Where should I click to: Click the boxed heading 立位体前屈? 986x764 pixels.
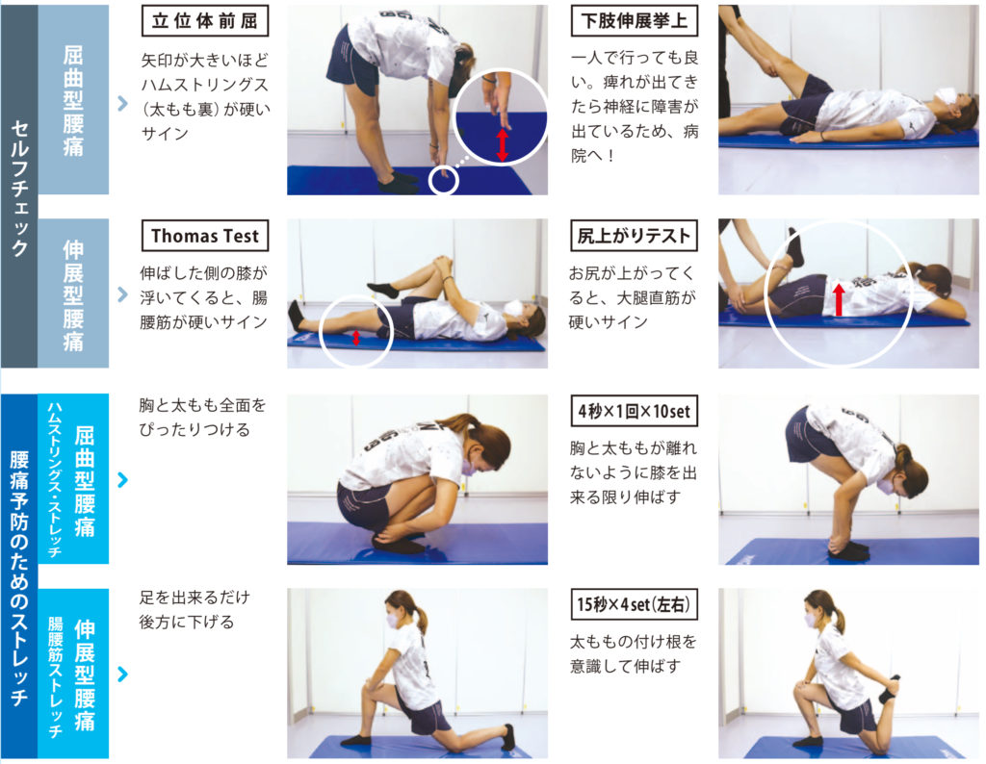205,21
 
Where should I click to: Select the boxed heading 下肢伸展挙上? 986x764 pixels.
634,21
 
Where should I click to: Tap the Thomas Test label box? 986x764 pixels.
205,236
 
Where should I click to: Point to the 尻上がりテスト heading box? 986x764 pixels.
634,236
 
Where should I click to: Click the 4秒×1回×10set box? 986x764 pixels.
634,412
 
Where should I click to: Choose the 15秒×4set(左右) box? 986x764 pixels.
634,604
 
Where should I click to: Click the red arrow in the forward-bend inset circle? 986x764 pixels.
502,145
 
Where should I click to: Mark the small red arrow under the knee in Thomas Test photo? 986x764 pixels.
356,338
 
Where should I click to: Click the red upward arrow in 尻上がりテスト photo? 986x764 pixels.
839,299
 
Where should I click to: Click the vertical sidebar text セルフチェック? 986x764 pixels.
19,188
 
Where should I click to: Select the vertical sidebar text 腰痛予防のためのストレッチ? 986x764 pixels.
19,577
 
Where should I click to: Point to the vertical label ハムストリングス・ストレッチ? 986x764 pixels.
54,480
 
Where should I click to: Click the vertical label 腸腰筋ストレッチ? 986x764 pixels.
55,676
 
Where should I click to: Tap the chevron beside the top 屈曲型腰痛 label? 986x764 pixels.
122,103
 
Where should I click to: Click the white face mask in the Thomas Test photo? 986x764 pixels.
515,309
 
